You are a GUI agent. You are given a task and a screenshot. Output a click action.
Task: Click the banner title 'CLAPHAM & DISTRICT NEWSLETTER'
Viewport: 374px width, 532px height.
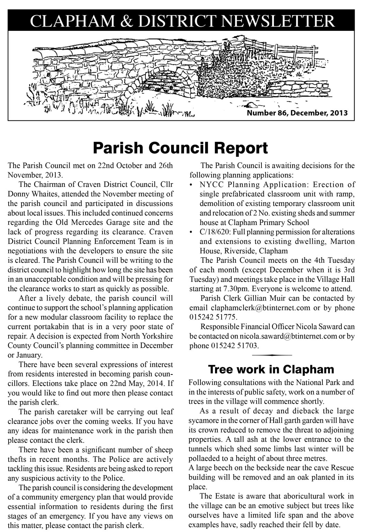182,21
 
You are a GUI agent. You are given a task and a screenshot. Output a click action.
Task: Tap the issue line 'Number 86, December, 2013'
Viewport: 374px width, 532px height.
297,113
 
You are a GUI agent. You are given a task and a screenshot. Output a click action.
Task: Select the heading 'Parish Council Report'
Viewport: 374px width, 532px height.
180,148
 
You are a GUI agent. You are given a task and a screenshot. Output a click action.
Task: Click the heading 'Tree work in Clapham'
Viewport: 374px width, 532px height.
271,369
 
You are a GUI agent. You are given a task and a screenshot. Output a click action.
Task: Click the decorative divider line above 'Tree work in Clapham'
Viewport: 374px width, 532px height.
272,355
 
